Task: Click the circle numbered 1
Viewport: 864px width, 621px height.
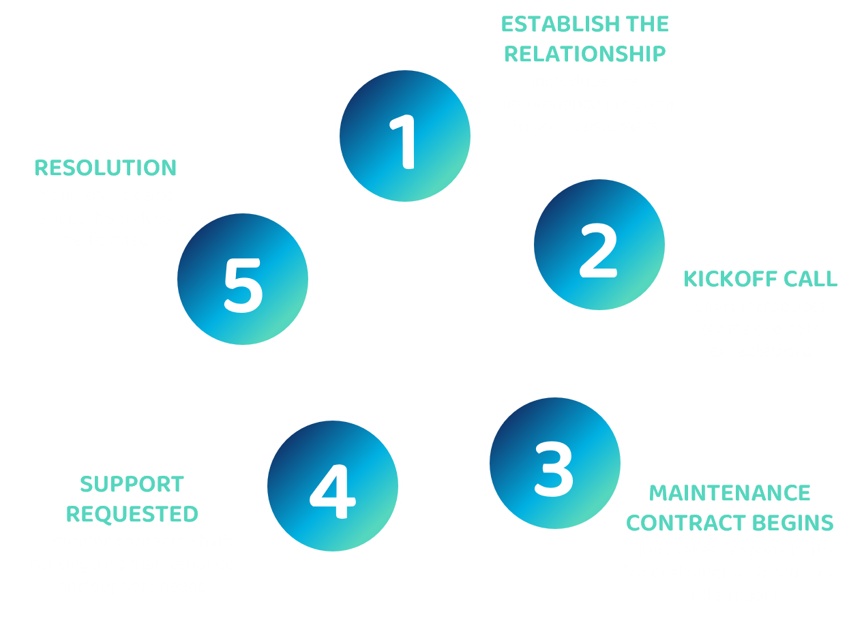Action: point(404,136)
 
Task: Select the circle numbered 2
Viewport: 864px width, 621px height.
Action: point(599,245)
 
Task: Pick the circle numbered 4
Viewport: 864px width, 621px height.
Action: point(332,484)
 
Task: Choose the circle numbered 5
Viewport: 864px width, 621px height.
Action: point(243,279)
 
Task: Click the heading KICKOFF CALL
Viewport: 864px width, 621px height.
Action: point(760,279)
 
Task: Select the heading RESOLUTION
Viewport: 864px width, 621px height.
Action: point(106,168)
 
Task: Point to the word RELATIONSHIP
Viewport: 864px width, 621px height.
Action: point(585,54)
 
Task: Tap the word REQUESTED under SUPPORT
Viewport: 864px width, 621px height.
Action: point(132,514)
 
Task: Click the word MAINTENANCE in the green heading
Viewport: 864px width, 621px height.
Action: point(730,493)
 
